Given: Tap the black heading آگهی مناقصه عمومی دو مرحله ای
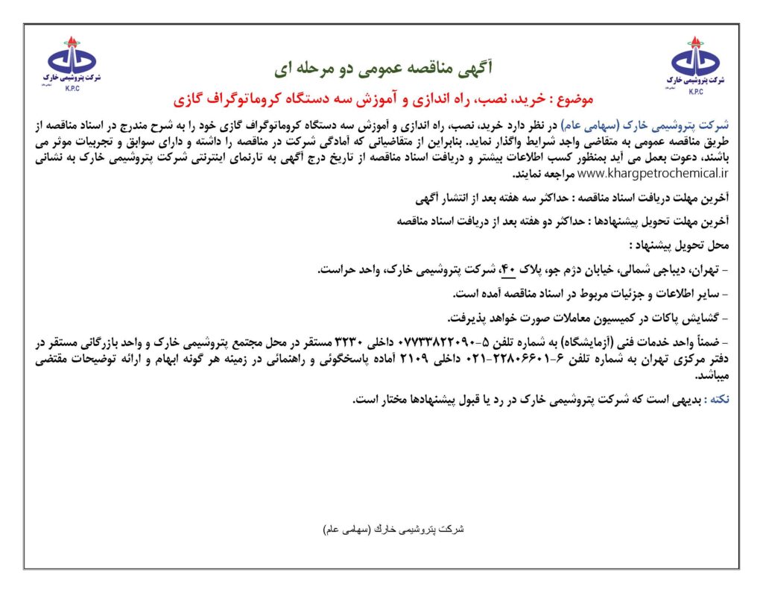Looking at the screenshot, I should click(382, 69).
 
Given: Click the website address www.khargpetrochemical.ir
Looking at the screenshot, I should click(653, 173).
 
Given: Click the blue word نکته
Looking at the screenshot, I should click(718, 400).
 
